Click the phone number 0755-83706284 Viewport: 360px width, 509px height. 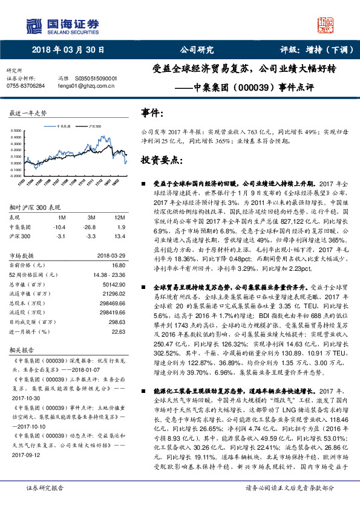pos(25,86)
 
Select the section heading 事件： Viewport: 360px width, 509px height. pos(152,114)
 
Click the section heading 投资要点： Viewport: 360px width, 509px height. pos(161,160)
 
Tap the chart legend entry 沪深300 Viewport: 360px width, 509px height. pos(94,127)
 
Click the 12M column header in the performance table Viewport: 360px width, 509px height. pos(119,217)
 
